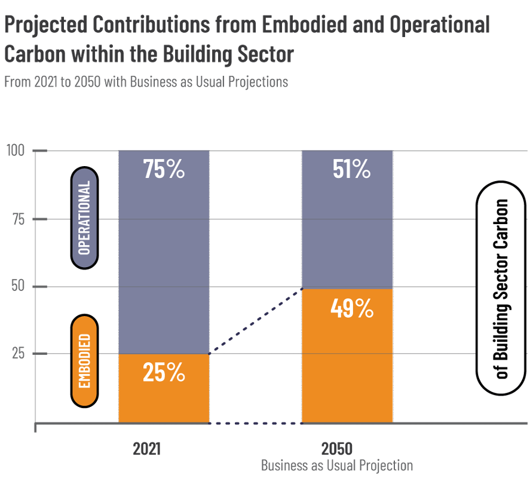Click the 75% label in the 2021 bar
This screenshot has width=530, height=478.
(x=164, y=170)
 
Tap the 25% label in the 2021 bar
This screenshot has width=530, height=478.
(x=164, y=373)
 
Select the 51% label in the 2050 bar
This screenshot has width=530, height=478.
(x=351, y=170)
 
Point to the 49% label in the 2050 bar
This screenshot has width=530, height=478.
(x=351, y=309)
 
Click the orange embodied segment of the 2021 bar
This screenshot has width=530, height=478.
(x=164, y=400)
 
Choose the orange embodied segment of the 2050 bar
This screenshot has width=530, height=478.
(x=347, y=370)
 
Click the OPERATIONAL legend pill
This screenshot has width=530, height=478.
(x=84, y=217)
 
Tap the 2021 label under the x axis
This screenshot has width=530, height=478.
(x=146, y=449)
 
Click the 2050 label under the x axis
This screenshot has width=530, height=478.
(x=336, y=449)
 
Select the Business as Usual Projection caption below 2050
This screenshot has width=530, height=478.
(x=336, y=465)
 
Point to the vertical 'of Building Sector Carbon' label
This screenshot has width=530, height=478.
(x=502, y=289)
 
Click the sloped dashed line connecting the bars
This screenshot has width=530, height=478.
(x=256, y=321)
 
